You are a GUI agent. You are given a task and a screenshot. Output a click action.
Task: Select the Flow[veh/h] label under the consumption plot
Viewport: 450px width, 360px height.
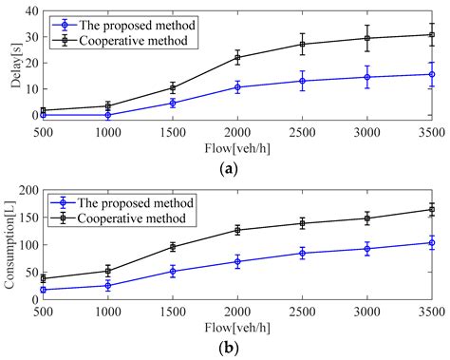236,324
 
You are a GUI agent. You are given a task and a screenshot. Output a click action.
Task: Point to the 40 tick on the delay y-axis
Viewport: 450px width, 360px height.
28,11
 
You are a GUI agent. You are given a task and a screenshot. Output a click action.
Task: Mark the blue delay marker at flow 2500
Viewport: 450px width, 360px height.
303,81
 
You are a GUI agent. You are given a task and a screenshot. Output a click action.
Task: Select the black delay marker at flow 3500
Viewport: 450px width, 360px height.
432,34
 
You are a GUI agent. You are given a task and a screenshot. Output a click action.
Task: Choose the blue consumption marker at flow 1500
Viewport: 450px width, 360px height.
172,271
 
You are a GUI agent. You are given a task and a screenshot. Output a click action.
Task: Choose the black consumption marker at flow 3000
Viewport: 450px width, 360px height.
367,218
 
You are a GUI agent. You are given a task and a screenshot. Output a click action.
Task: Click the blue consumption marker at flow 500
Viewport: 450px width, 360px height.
43,290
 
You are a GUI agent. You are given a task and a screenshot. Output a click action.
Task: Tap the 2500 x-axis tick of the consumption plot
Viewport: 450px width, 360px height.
303,309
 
